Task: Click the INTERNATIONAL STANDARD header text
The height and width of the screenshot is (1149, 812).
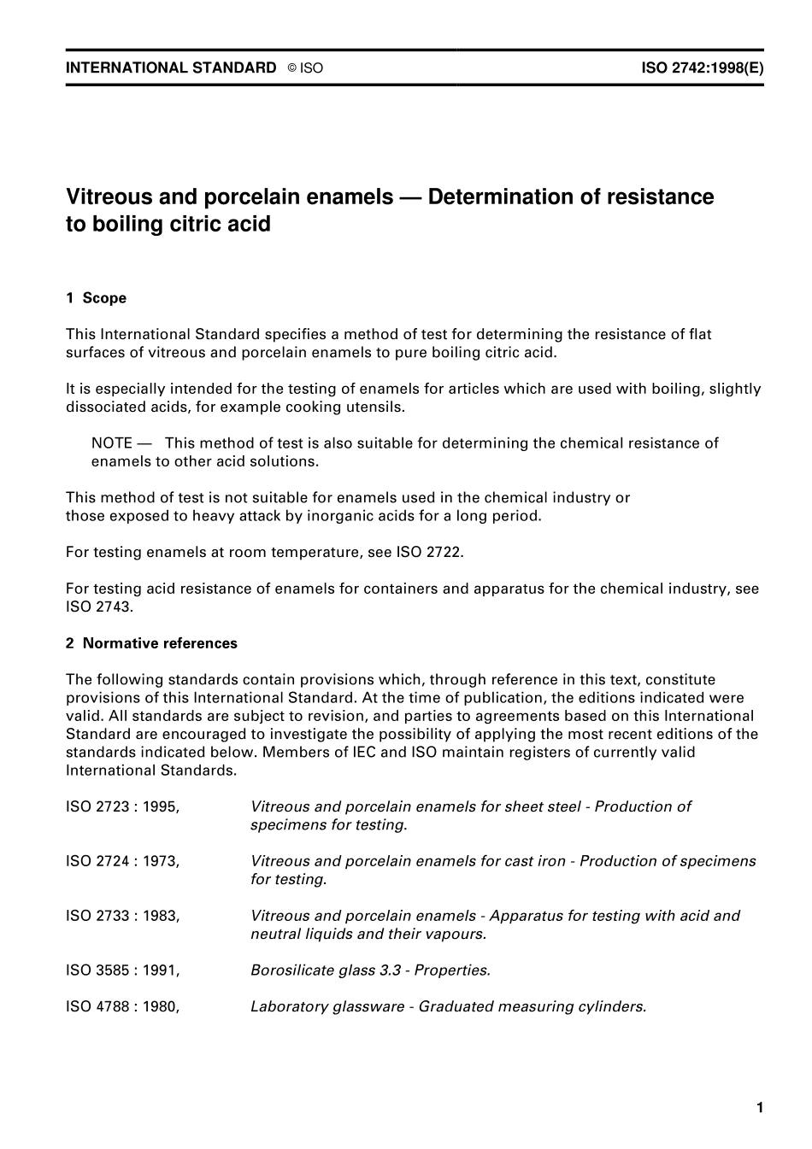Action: tap(171, 67)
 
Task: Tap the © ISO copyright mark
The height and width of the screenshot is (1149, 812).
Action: tap(305, 68)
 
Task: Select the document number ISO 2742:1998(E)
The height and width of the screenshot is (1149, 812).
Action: tap(702, 67)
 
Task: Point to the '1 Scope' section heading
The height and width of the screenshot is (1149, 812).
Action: tap(96, 298)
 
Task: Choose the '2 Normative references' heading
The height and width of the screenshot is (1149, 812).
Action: tap(151, 643)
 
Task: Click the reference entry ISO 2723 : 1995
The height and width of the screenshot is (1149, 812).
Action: tap(122, 806)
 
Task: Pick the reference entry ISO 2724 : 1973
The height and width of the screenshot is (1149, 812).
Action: tap(122, 861)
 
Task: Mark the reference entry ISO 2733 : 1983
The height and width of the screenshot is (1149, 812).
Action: tap(122, 916)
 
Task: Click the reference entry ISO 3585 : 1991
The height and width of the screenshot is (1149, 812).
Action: tap(122, 970)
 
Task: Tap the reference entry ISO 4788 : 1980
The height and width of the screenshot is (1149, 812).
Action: tap(122, 1006)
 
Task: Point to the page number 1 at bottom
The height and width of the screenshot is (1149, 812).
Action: tap(760, 1108)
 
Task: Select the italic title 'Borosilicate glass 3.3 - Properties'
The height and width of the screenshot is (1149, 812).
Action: tap(370, 970)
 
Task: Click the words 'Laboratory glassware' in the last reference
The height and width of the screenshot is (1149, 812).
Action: tap(327, 1006)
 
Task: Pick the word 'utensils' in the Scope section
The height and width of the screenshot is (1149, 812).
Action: tap(375, 407)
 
